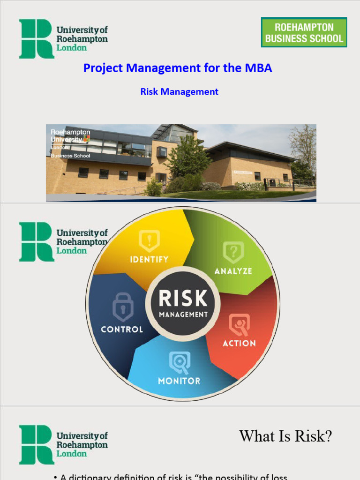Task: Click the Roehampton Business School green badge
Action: pos(304,32)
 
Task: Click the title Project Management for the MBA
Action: pos(178,68)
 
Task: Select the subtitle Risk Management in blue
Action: pos(179,92)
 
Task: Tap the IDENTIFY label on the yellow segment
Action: pos(149,259)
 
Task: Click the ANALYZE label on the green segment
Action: pos(233,271)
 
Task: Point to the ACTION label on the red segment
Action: pos(239,343)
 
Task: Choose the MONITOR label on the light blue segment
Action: pos(179,381)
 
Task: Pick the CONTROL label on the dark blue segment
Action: pos(122,329)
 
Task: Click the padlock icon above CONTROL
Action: pos(123,307)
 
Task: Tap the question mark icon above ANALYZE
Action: pos(233,252)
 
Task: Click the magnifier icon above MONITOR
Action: pos(180,362)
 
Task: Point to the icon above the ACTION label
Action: pos(239,325)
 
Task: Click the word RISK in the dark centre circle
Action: pos(182,298)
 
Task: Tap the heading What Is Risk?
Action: pos(285,436)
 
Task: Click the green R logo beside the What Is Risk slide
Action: pos(36,445)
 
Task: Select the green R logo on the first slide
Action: pos(36,39)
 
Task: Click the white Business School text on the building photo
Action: pos(71,156)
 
